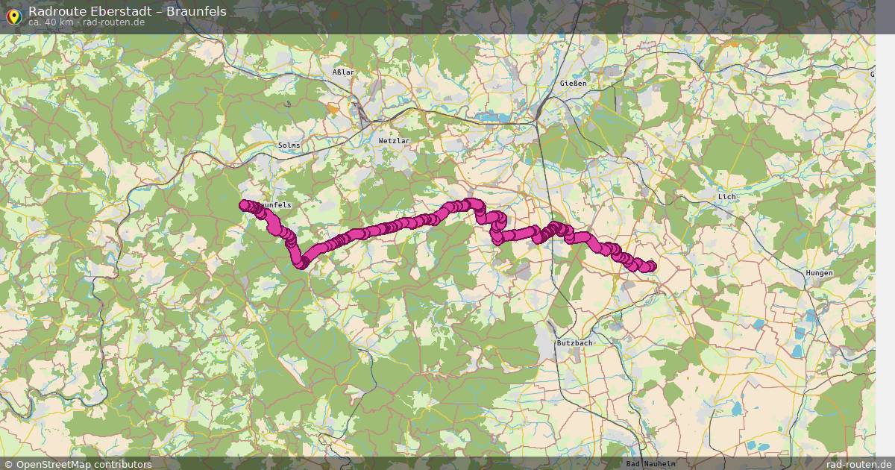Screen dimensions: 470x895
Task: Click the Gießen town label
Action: click(x=573, y=84)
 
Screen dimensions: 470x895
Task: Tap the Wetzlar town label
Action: click(x=395, y=140)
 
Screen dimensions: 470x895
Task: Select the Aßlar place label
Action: click(x=343, y=72)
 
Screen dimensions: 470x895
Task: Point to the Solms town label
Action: click(x=289, y=145)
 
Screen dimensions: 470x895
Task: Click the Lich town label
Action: click(x=726, y=197)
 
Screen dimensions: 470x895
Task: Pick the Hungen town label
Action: click(x=819, y=273)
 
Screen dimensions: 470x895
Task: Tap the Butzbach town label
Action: click(x=574, y=342)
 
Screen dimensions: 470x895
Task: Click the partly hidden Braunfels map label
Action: click(x=277, y=204)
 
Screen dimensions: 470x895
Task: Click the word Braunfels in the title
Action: click(x=196, y=11)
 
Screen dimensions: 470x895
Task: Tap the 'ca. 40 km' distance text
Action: click(x=51, y=22)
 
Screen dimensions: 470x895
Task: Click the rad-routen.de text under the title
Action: click(x=113, y=22)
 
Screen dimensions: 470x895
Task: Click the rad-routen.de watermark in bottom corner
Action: click(x=859, y=464)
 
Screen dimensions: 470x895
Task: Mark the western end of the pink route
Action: click(x=244, y=205)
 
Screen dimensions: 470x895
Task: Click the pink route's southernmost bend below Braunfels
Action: click(x=302, y=262)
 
